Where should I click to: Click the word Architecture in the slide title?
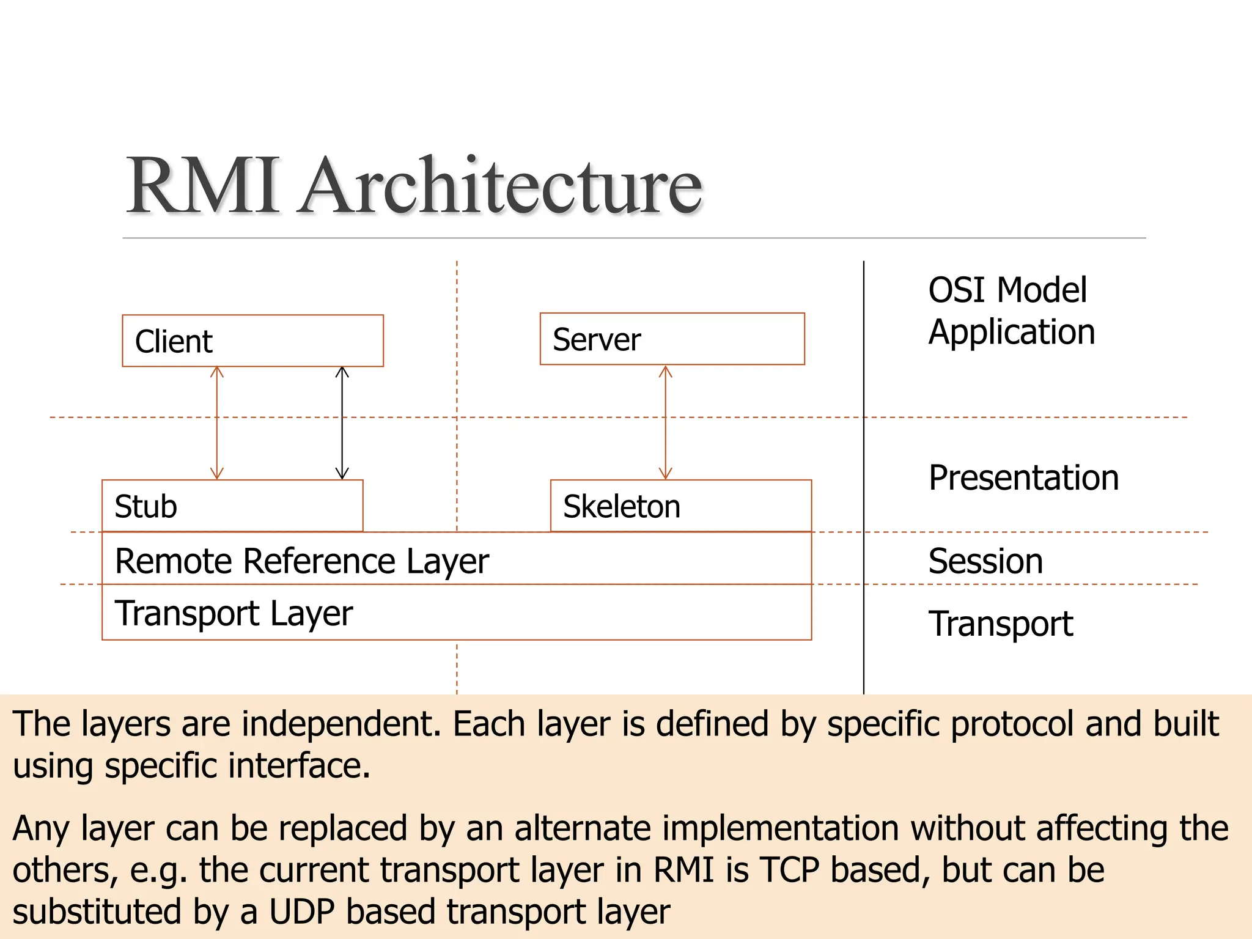(500, 186)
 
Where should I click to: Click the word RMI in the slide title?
(204, 186)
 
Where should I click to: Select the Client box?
(252, 341)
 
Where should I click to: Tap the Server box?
(672, 339)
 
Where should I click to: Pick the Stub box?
(232, 506)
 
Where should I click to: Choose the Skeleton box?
(680, 506)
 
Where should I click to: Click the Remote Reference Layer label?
(302, 561)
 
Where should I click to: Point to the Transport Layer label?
(234, 613)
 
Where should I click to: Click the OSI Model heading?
(1007, 290)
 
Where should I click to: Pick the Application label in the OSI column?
(1011, 332)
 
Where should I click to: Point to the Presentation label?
(1023, 477)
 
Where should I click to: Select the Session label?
(985, 561)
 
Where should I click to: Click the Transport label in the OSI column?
(1000, 624)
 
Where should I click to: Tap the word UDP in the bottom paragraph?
(302, 911)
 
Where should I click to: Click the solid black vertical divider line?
(864, 477)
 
